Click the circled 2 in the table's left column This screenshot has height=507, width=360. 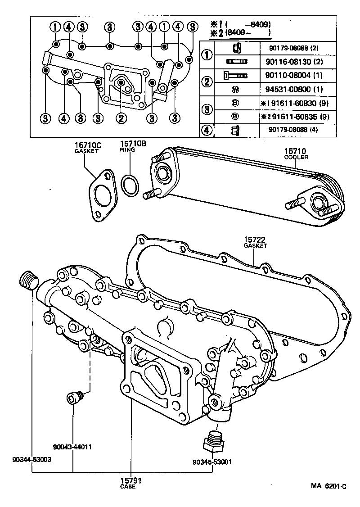coord(207,82)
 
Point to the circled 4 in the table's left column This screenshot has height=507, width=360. coord(207,131)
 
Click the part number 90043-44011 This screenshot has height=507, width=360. coord(72,447)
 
